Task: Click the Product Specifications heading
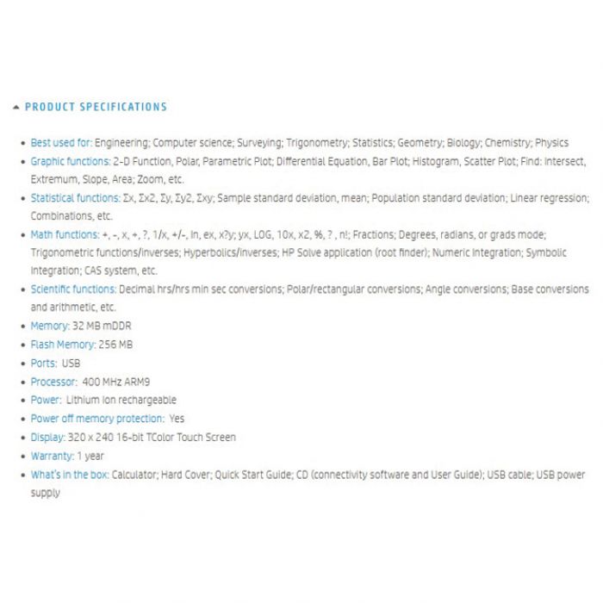[96, 107]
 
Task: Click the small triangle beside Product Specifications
[16, 107]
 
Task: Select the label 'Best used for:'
[61, 143]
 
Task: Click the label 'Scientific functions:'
[73, 289]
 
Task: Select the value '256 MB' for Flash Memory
[116, 345]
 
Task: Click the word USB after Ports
[71, 364]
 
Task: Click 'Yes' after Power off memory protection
[177, 419]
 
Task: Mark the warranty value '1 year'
[90, 456]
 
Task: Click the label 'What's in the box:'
[70, 475]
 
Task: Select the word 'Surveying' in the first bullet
[260, 143]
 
